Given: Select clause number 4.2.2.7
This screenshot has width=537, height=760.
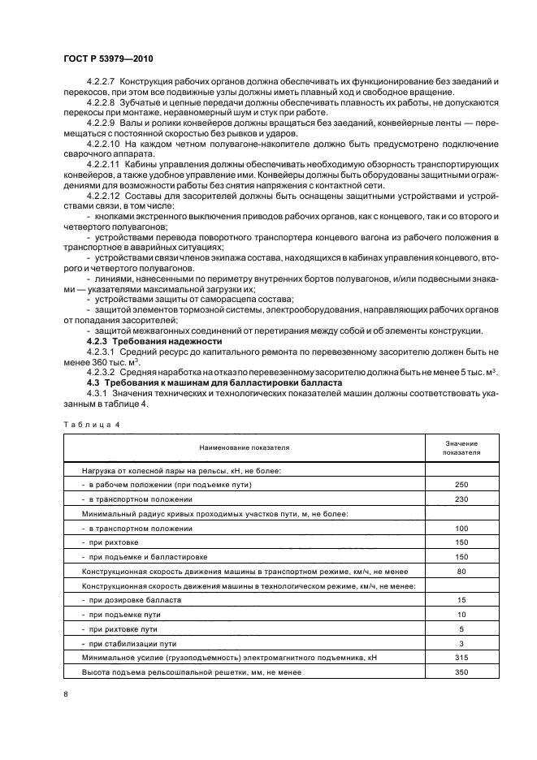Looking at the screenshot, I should tap(101, 84).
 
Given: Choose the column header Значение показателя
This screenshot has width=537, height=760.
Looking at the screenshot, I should tap(461, 447).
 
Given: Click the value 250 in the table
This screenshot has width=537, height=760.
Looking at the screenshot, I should tap(461, 485).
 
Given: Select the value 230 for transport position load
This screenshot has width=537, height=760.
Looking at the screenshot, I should tap(461, 499).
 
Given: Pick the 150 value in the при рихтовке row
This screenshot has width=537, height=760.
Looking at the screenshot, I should tap(461, 542).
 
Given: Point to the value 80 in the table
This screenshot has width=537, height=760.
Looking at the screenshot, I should tap(461, 572).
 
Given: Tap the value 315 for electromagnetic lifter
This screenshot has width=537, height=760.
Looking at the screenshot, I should tap(461, 658).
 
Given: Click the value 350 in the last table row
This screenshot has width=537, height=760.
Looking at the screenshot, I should tap(461, 672).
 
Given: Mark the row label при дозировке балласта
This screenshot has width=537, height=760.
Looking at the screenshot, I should tap(135, 600).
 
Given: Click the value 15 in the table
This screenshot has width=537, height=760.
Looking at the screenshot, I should tap(461, 600).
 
